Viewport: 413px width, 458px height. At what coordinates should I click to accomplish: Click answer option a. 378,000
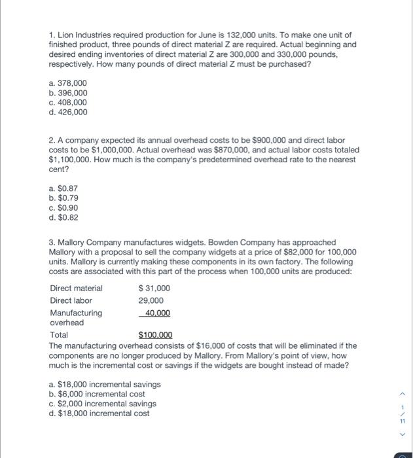(x=67, y=83)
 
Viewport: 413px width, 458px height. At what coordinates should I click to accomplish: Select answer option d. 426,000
(x=67, y=112)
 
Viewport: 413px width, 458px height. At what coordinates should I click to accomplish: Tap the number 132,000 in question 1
(x=226, y=35)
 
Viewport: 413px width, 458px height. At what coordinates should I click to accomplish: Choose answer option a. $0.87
(x=63, y=188)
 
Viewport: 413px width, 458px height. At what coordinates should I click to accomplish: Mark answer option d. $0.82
(x=63, y=217)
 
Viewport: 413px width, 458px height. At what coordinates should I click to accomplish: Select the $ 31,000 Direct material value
(x=154, y=289)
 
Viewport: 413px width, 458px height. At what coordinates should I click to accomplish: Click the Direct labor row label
(x=71, y=300)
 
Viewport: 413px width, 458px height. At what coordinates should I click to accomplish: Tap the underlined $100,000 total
(x=155, y=335)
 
